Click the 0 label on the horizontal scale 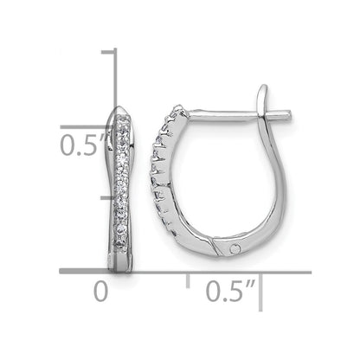coord(101,292)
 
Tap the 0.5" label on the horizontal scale coord(230,291)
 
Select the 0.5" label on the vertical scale coord(84,145)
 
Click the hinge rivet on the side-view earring coord(235,248)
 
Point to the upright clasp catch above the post coord(263,100)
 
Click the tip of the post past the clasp coord(289,114)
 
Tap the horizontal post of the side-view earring coord(239,115)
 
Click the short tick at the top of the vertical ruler coord(108,52)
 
